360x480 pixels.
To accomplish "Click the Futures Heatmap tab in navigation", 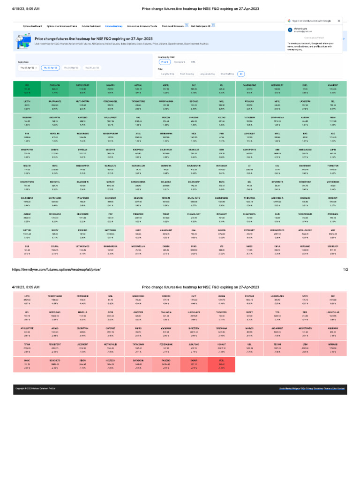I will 114,27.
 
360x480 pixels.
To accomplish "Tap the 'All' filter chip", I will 241,74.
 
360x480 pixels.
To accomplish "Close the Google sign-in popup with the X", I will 338,21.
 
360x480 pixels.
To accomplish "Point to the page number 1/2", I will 345,270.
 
